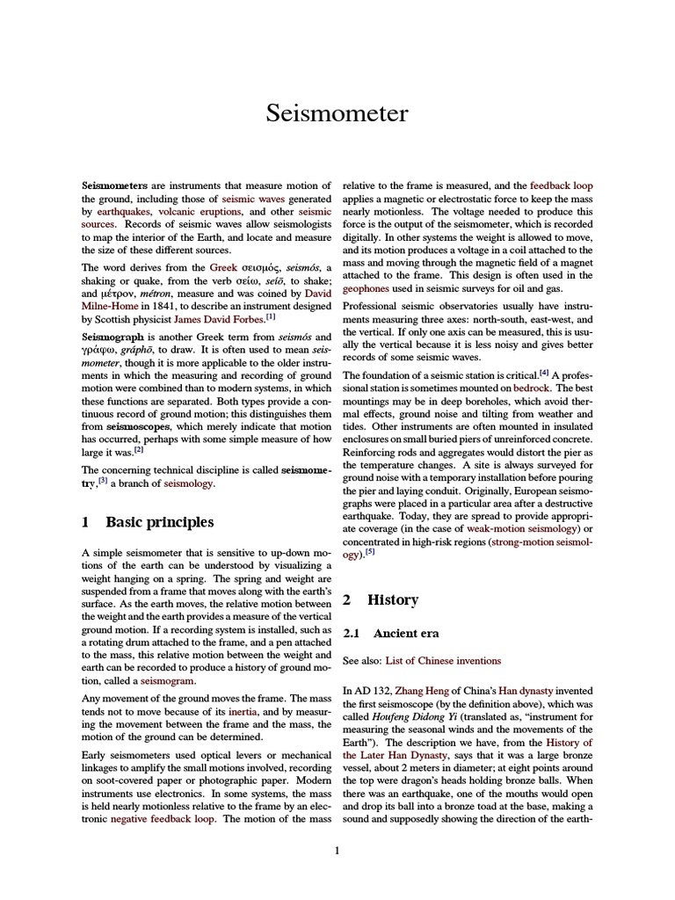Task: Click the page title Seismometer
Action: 337,114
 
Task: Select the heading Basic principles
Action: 159,522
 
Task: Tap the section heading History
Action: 392,600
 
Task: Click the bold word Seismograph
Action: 111,337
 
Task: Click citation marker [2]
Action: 139,449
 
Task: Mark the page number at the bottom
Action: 337,850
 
